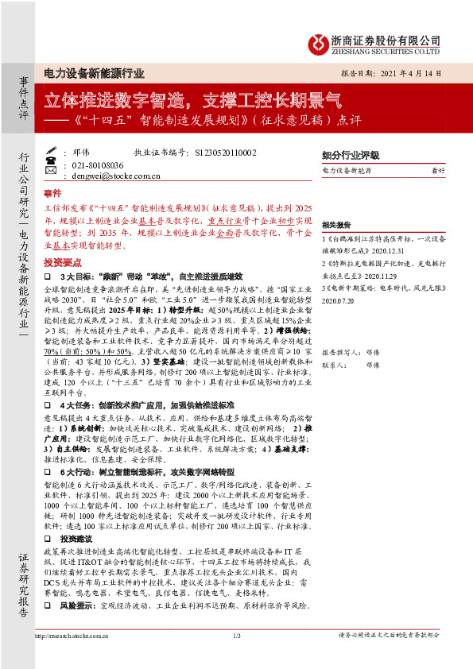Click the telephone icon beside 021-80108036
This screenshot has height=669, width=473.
52,164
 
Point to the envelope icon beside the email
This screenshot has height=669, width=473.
52,176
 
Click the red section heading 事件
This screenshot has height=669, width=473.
52,193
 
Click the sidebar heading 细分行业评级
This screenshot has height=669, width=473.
351,155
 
